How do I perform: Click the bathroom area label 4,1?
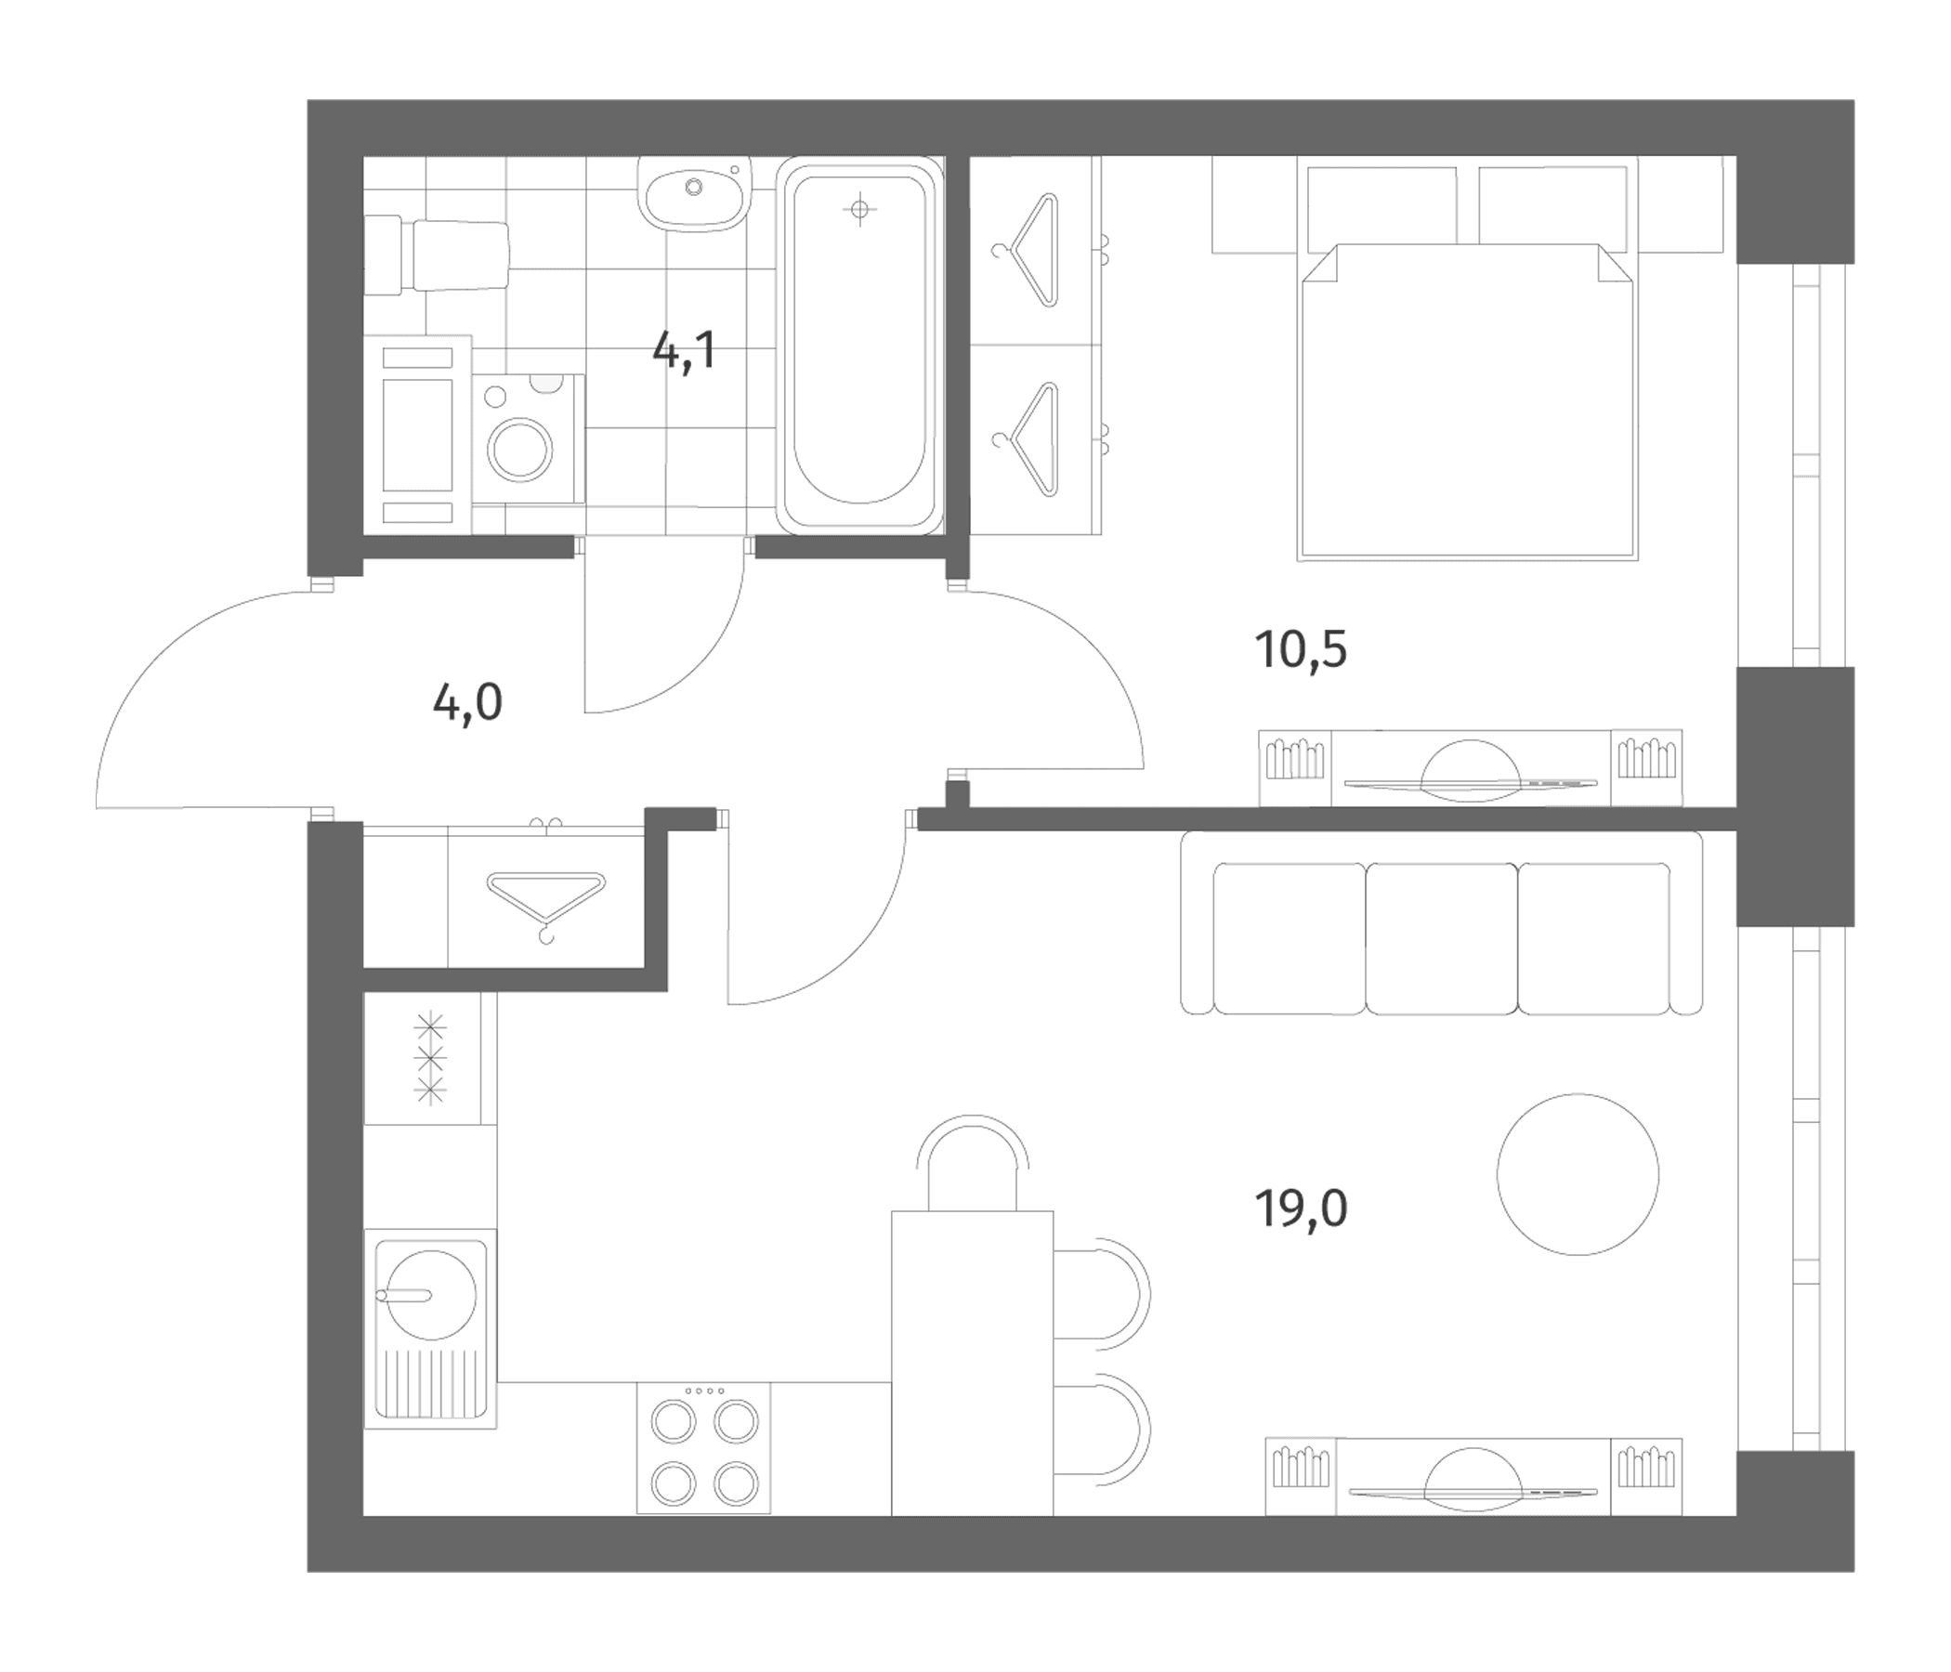[x=685, y=352]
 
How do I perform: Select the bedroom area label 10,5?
[x=1302, y=649]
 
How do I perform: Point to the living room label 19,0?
[x=1302, y=1208]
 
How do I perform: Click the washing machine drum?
[x=519, y=446]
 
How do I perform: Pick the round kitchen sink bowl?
[x=431, y=1295]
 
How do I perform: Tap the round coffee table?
[x=1578, y=1174]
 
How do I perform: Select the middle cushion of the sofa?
[x=1442, y=938]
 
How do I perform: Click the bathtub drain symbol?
[x=858, y=210]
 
